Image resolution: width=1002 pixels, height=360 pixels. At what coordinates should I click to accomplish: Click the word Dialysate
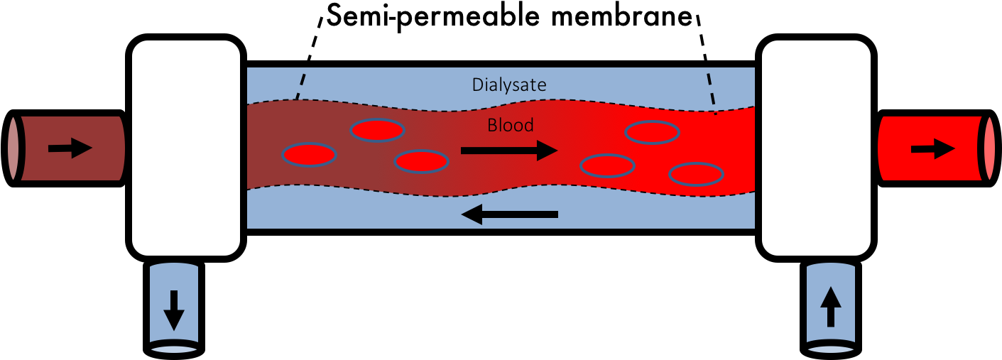[x=509, y=85]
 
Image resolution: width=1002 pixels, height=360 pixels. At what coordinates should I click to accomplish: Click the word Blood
[x=510, y=126]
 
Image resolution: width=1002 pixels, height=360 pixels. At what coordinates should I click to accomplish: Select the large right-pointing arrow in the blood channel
[x=509, y=151]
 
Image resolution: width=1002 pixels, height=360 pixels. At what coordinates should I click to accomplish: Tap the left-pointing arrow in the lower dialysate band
[x=509, y=214]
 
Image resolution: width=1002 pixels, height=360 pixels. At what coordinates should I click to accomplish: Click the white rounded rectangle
[x=186, y=148]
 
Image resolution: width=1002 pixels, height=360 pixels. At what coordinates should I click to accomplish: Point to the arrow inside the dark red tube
[x=70, y=148]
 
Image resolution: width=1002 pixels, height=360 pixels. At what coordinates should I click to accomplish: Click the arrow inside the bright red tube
[x=932, y=149]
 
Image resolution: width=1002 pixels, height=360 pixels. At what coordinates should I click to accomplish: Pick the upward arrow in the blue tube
[x=830, y=306]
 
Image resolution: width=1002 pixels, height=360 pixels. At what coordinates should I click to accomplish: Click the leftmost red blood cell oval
[x=309, y=155]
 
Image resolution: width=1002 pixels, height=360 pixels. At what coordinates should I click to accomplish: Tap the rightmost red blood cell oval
[x=696, y=174]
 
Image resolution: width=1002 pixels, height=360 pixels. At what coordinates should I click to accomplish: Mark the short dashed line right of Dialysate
[x=712, y=92]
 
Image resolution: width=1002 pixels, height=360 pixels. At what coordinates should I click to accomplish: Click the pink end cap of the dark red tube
[x=13, y=148]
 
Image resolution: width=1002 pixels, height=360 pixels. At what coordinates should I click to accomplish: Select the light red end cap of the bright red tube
[x=990, y=149]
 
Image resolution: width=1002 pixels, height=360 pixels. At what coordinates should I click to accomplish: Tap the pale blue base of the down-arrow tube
[x=173, y=348]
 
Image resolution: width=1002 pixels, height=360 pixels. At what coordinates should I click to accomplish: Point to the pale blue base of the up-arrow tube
[x=830, y=348]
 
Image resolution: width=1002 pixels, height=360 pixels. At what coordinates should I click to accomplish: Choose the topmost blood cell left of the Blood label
[x=378, y=131]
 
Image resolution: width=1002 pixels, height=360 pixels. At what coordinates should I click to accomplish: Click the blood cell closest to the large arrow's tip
[x=607, y=166]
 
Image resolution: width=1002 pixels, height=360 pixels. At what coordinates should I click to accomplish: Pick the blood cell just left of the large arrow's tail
[x=421, y=162]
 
